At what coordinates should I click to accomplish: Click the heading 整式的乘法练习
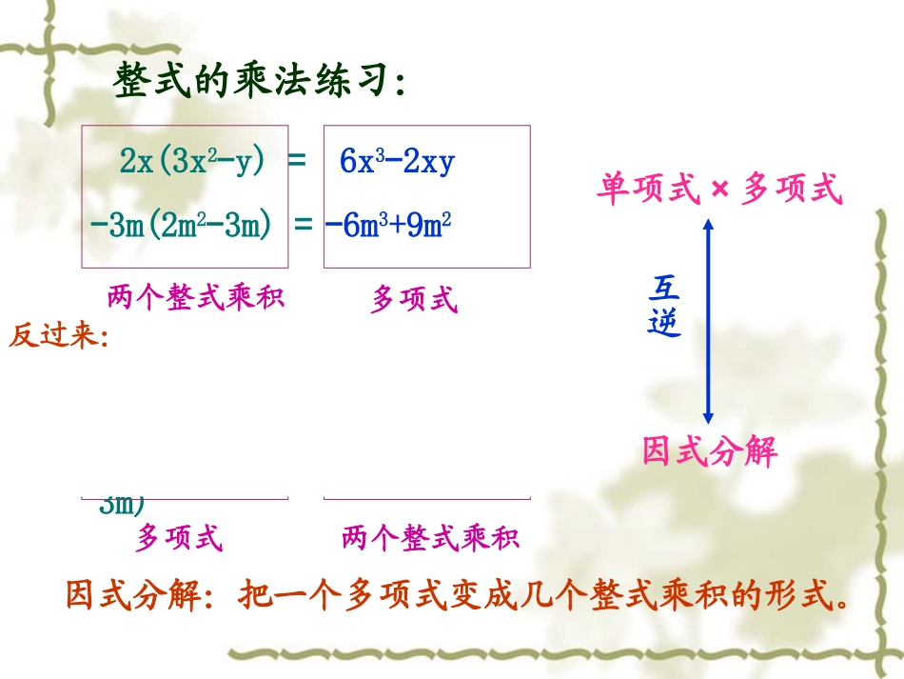260,82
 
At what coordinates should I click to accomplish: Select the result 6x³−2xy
398,162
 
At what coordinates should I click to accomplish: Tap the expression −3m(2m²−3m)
181,226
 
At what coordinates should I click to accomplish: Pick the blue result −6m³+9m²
388,226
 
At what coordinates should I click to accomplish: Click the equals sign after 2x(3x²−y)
297,161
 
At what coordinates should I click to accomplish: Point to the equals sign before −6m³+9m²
304,226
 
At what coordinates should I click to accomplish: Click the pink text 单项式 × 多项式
719,190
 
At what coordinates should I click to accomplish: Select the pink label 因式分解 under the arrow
710,450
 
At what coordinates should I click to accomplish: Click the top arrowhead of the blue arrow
707,225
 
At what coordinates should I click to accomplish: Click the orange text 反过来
57,337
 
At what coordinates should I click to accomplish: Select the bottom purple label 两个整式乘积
430,538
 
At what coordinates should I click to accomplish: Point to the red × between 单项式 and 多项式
719,190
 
